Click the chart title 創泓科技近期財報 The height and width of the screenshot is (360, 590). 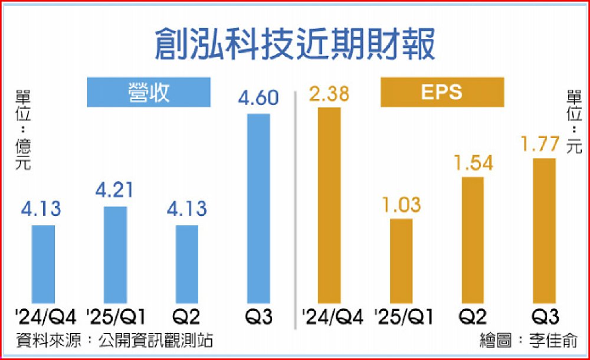(294, 45)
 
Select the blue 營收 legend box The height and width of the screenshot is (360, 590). (149, 93)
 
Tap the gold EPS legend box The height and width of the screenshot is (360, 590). (442, 93)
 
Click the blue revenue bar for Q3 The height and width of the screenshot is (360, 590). (258, 208)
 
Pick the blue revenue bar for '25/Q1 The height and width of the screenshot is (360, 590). (115, 255)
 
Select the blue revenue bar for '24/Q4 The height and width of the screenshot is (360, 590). (42, 264)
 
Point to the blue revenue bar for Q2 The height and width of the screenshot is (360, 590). (187, 264)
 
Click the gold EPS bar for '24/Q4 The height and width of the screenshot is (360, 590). (329, 205)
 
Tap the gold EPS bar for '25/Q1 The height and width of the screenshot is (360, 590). (401, 261)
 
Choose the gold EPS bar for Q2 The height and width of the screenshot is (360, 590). (472, 240)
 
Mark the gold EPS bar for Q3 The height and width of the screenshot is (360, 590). (544, 231)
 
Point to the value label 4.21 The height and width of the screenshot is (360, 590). (115, 191)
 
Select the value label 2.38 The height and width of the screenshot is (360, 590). (329, 93)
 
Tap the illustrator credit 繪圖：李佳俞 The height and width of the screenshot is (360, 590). (528, 341)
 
